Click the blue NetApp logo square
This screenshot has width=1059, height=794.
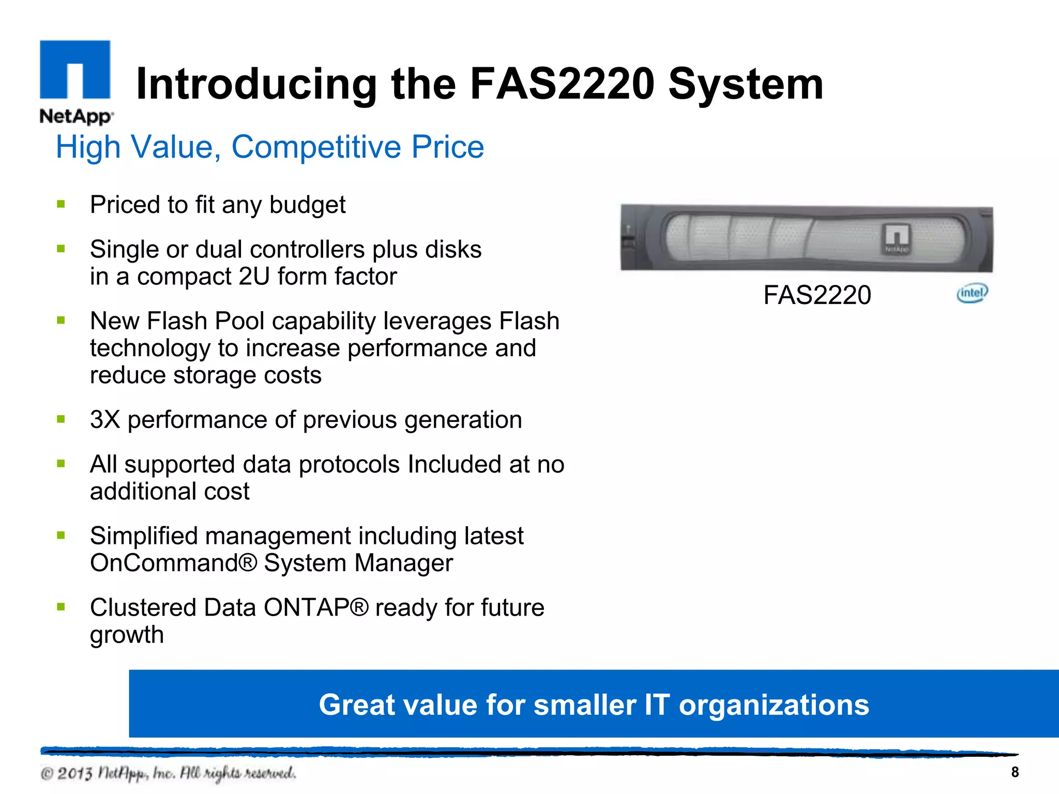point(75,69)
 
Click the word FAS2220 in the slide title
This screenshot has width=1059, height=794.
point(562,84)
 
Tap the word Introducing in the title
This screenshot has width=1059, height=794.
point(256,85)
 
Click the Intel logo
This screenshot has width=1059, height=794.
point(972,293)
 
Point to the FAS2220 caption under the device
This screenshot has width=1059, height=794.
point(817,295)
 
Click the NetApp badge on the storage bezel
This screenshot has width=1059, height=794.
point(897,239)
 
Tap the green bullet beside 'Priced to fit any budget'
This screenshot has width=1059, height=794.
point(61,204)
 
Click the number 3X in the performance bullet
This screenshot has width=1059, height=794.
point(105,420)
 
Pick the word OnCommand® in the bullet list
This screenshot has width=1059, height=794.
point(173,563)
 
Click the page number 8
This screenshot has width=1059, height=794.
point(1015,772)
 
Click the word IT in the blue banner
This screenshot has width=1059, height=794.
point(657,705)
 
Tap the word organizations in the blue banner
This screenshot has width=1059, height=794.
point(774,705)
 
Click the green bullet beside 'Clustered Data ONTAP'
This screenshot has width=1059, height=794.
point(61,607)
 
